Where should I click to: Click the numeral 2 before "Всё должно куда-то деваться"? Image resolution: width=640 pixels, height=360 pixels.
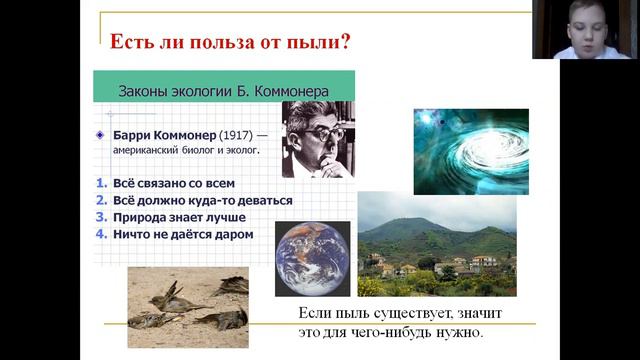[101, 200]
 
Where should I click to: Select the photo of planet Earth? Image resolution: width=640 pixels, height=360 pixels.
[312, 258]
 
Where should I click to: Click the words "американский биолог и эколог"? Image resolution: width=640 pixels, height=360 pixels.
[185, 150]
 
